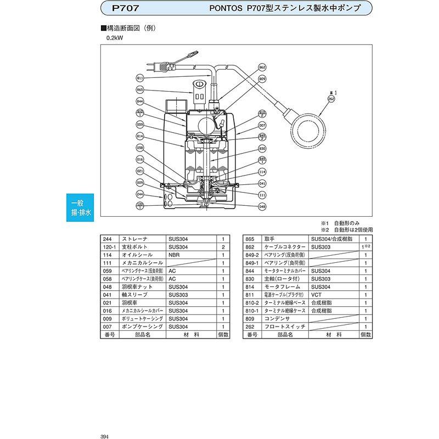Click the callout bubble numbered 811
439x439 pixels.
pos(140,78)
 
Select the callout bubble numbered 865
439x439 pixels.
pos(140,89)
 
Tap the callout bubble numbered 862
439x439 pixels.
pos(262,67)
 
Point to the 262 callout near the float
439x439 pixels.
pos(331,99)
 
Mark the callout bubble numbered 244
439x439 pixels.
pos(140,195)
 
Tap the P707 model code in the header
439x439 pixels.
pos(125,8)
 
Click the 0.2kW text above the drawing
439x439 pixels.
pos(115,38)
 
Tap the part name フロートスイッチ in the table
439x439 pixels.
pos(278,327)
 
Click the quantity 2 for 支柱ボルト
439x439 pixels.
pos(223,247)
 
